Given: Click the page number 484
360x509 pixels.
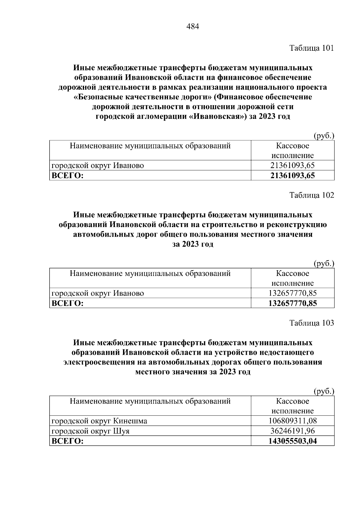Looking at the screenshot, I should pos(193,27).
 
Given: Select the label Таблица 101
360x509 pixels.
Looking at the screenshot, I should pos(311,48).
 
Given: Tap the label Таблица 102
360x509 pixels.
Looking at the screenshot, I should pos(311,195).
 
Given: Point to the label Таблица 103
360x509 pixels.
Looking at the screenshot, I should pos(311,323).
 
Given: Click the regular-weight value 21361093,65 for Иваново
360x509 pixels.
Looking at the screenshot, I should pos(292,165).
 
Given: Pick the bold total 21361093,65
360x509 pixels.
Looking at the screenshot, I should pos(292,175).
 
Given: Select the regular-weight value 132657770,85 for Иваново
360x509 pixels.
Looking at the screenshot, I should pos(292,293).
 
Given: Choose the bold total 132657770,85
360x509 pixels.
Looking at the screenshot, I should pos(292,303).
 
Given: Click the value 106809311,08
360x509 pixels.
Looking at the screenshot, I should pos(292,421).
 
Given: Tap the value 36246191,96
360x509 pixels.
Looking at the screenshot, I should pos(292,431).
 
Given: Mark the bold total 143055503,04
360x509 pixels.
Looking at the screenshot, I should pos(292,441).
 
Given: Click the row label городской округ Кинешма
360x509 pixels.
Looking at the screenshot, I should pos(99,421).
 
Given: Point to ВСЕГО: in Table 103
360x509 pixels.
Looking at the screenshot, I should pos(67,441).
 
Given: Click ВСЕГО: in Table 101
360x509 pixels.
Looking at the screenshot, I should pos(67,175).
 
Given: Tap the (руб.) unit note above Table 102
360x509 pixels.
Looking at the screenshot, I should pos(324,264).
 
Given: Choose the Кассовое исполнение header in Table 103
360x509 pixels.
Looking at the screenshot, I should pos(292,406).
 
